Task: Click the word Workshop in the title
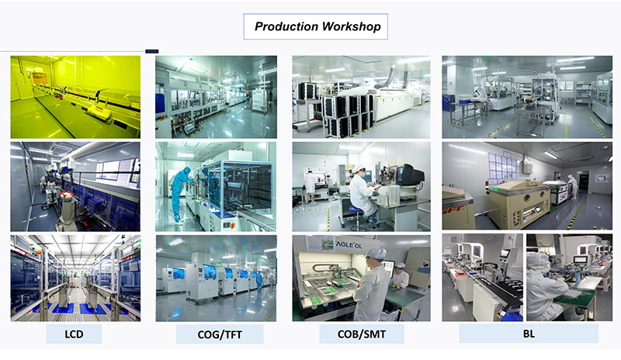coord(352,26)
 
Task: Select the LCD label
coord(74,334)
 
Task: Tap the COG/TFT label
coord(220,334)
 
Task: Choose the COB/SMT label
coord(362,334)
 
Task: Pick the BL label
coord(529,334)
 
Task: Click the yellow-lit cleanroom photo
coord(75,97)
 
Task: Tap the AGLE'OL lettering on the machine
coord(349,244)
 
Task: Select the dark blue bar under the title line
coord(151,51)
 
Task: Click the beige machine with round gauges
coord(519,203)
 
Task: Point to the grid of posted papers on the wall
coord(503,165)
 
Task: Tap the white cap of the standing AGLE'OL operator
coord(376,253)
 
